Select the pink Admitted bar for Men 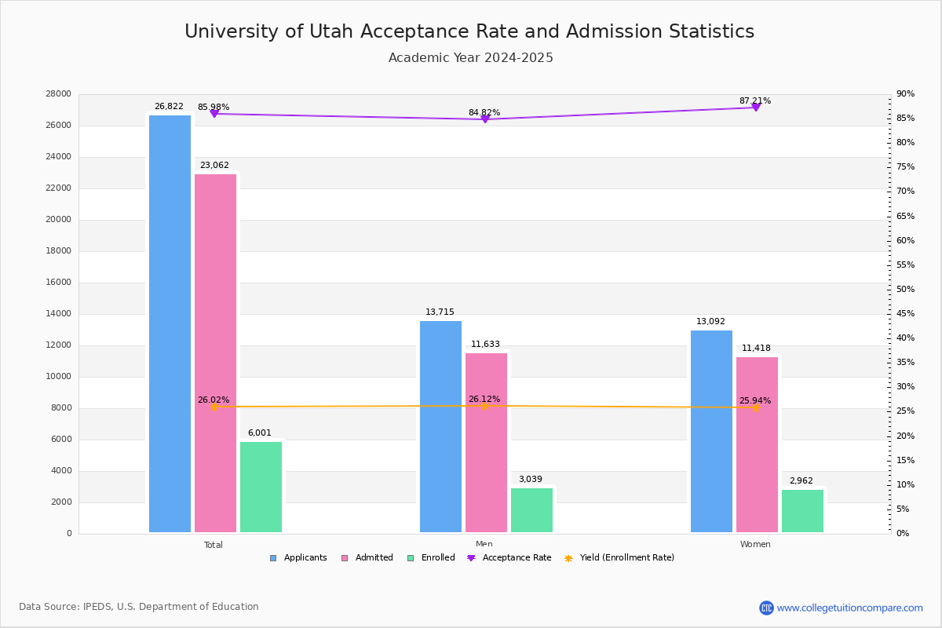point(486,443)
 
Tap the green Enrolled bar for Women point(802,511)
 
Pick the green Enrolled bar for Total point(261,487)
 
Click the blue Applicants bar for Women point(711,431)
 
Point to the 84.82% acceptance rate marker point(485,119)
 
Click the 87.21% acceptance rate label point(754,100)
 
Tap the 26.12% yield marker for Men point(485,406)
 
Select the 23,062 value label point(214,166)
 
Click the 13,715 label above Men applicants point(440,312)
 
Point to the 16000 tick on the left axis point(59,283)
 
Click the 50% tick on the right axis point(906,290)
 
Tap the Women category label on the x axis point(755,545)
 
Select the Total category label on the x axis point(214,545)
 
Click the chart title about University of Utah point(469,31)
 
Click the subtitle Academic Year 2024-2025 point(471,58)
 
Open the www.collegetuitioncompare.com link point(849,608)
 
